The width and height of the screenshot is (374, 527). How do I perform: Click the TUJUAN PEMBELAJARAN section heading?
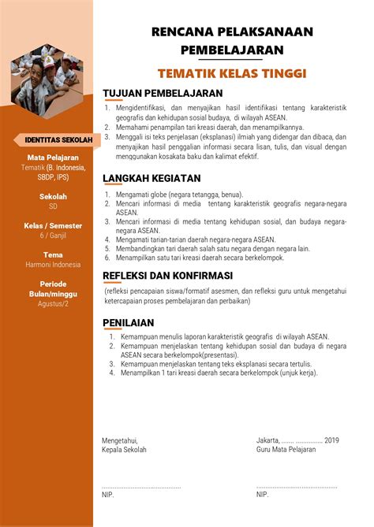point(157,93)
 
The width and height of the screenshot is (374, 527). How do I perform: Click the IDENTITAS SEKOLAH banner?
point(53,139)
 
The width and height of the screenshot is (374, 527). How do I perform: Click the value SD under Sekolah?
point(53,206)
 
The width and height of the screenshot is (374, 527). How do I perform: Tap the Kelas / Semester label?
point(53,225)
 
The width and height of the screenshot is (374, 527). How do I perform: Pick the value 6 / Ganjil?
point(53,236)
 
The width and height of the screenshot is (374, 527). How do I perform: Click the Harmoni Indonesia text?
point(53,265)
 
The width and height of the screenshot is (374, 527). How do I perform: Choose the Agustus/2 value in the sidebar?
point(53,303)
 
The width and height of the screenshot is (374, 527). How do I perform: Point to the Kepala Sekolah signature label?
point(124,449)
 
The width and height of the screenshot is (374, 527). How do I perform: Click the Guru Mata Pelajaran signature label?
point(286,449)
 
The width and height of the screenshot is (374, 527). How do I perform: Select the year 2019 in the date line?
point(331,440)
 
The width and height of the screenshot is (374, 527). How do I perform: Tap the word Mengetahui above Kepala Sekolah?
point(120,440)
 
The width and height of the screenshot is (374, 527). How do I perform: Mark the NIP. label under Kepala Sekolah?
point(108,495)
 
